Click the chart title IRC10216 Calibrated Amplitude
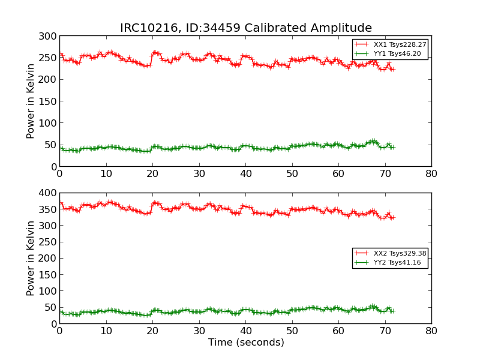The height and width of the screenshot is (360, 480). click(x=246, y=28)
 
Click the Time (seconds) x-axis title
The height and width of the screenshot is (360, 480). click(x=246, y=343)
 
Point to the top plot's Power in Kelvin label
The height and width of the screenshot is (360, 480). click(x=31, y=101)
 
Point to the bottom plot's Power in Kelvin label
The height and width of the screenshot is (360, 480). click(x=31, y=258)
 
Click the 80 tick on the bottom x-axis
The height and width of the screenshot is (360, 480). click(x=431, y=331)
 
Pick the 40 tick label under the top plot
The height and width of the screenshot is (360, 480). click(x=245, y=174)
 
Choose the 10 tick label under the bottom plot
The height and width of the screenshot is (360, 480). click(x=106, y=331)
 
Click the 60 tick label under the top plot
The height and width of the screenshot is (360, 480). click(x=338, y=174)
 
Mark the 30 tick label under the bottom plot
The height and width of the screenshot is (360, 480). click(x=199, y=331)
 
